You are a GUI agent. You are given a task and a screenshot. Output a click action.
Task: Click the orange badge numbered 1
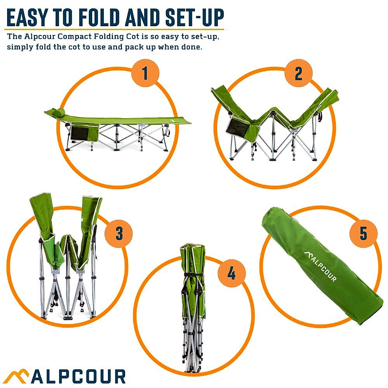[x=145, y=73]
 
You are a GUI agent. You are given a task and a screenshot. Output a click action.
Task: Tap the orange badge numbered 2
[x=298, y=73]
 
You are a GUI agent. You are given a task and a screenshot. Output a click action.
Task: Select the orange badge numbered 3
[x=119, y=233]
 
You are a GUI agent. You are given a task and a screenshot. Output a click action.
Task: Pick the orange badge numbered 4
[x=232, y=274]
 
